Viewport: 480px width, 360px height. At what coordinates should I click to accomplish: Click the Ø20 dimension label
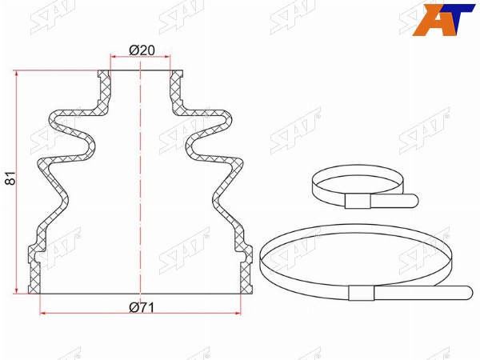point(142,50)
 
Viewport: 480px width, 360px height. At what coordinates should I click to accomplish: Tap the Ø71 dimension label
point(142,307)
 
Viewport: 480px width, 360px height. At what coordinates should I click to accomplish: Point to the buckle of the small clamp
point(358,201)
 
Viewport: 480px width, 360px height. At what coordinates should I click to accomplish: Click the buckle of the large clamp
point(362,292)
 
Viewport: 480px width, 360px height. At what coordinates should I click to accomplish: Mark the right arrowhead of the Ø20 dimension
point(166,57)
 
